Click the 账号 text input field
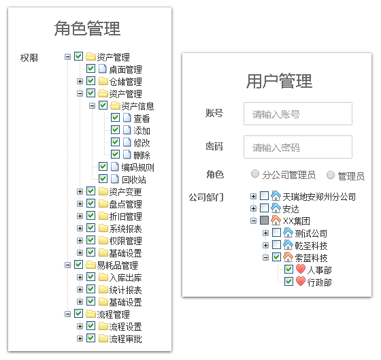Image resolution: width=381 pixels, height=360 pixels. [x=298, y=114]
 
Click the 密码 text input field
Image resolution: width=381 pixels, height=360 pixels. [x=298, y=147]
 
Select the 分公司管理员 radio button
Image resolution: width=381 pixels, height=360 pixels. [x=255, y=174]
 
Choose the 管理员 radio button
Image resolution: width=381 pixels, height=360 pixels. [x=331, y=175]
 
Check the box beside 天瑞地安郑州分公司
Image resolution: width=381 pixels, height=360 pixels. [x=265, y=196]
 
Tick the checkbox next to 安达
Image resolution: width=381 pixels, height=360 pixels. [x=265, y=208]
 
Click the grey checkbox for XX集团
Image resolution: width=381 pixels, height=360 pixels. [x=265, y=220]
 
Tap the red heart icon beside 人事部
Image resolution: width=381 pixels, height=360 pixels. [x=301, y=269]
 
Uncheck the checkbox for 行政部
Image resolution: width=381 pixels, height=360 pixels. [x=288, y=282]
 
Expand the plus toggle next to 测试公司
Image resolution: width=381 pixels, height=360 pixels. [x=265, y=233]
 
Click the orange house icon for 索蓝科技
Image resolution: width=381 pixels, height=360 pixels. [x=288, y=257]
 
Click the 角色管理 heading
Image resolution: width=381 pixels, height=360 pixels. [x=87, y=29]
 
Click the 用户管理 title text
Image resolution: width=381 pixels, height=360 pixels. [x=279, y=81]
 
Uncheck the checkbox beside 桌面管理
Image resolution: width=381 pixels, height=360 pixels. [x=91, y=68]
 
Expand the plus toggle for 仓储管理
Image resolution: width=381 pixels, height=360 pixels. [x=80, y=81]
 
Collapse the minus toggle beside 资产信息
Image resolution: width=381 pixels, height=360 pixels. [x=92, y=105]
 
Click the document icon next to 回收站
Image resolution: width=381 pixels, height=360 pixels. [x=115, y=179]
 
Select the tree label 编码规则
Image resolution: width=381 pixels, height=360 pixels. [x=137, y=167]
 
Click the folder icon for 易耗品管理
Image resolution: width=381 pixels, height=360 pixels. [x=90, y=265]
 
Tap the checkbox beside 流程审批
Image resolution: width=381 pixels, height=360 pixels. [x=91, y=338]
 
